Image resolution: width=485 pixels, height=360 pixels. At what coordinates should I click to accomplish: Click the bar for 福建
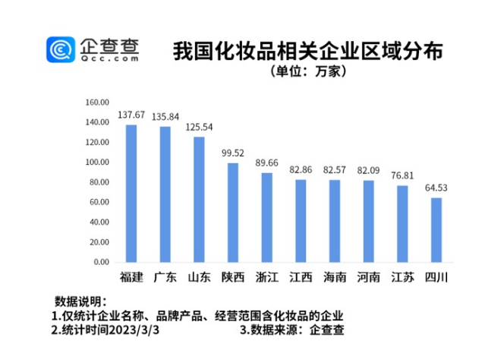tap(131, 194)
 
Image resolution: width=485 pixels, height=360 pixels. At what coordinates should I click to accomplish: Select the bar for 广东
tap(165, 194)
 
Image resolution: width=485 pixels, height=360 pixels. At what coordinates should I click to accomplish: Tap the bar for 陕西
tap(233, 213)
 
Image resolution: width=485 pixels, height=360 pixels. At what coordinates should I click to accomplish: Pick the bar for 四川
tap(436, 230)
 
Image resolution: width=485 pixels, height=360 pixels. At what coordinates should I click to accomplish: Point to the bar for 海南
tap(335, 221)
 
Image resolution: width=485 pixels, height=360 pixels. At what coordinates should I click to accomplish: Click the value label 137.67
tap(131, 115)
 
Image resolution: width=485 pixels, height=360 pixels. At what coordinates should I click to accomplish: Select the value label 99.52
tap(233, 153)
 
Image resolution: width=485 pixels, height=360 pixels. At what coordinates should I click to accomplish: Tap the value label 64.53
tap(436, 188)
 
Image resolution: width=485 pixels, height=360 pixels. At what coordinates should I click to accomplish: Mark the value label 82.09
tap(369, 171)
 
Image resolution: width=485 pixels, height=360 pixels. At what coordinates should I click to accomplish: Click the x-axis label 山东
tap(199, 277)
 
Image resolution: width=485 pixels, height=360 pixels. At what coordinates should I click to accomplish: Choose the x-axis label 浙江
tap(267, 277)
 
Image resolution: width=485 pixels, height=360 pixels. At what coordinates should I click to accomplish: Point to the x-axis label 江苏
tap(402, 277)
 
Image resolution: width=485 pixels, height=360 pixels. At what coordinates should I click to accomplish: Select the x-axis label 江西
tap(301, 277)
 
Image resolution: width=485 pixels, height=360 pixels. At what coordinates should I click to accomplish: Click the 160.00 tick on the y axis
tap(98, 103)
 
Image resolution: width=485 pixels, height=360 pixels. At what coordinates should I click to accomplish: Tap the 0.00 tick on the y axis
tap(102, 262)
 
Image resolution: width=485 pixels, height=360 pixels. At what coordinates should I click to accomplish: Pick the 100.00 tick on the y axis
tap(98, 163)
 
